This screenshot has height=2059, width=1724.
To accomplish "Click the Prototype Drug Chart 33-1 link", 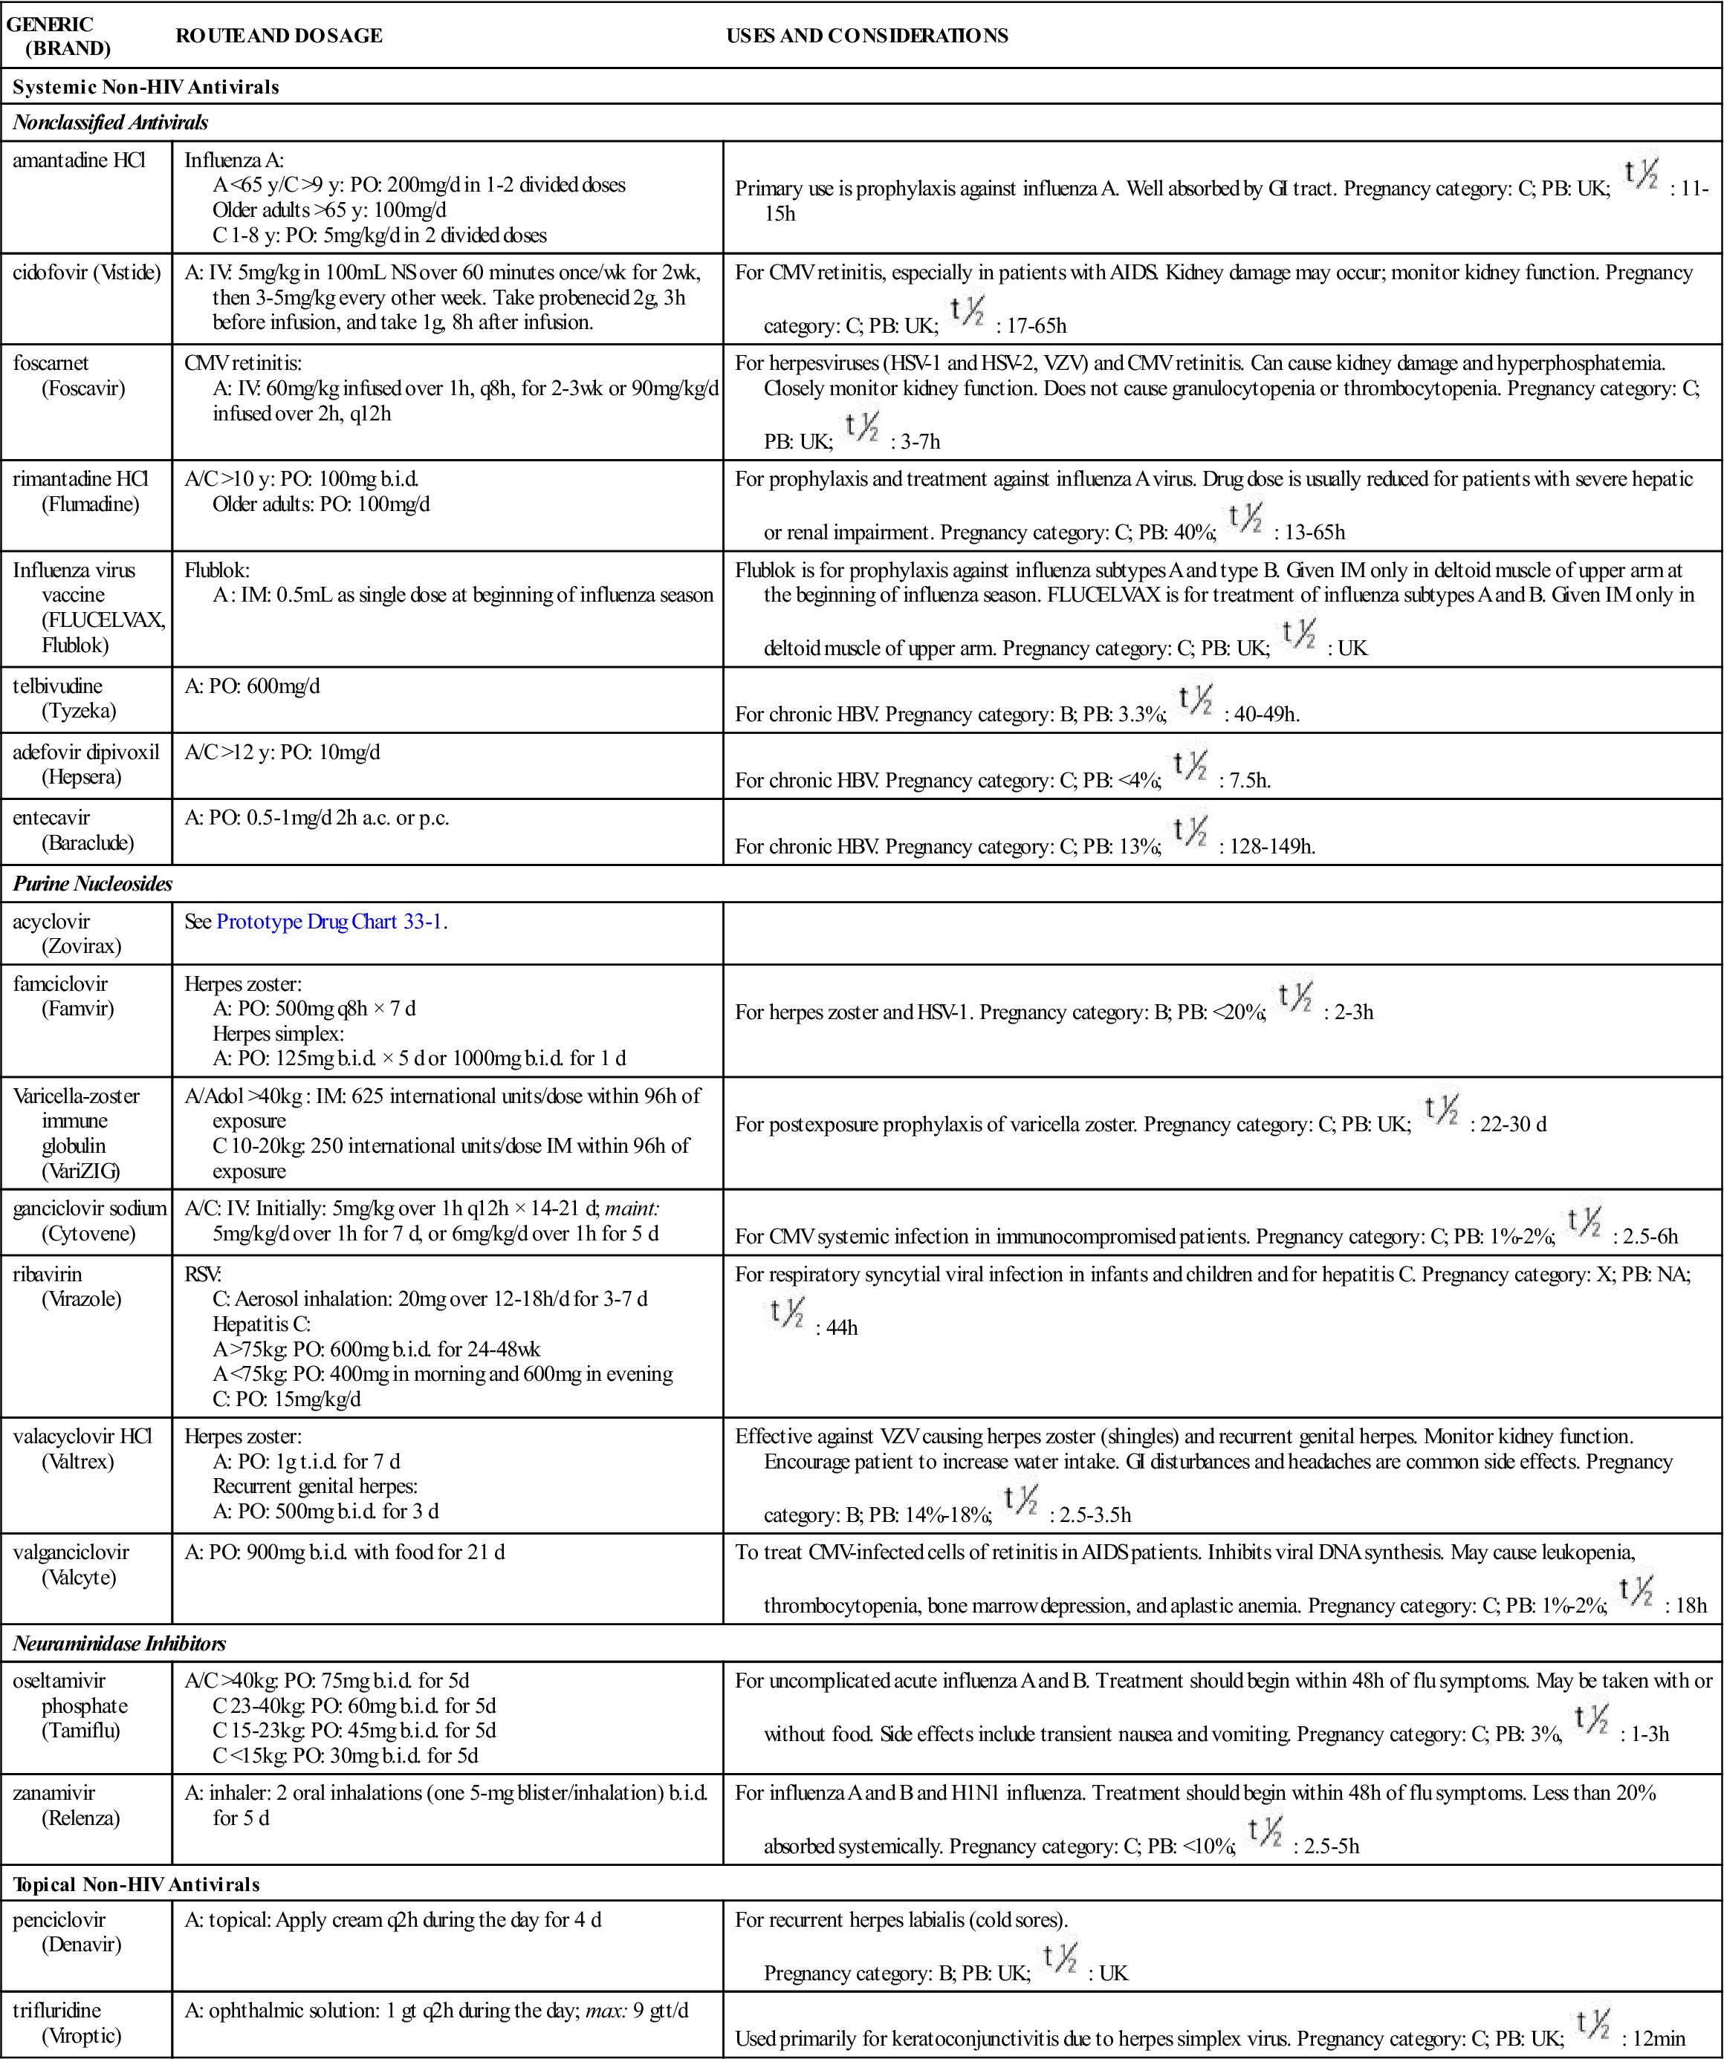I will pos(328,922).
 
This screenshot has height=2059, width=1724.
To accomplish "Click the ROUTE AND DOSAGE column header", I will pos(279,36).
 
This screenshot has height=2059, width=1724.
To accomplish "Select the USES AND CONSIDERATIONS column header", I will pos(867,36).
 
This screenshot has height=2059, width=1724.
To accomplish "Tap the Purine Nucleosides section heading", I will pos(92,883).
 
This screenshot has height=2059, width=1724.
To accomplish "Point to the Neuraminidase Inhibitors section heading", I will pos(119,1643).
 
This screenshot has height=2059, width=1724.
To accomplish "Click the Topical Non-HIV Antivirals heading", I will pos(136,1884).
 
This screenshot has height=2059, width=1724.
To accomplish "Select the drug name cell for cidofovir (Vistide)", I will pos(86,273).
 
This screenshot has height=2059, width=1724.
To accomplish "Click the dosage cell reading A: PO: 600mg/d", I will pos(252,686).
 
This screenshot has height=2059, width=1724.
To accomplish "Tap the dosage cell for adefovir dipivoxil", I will pos(282,752).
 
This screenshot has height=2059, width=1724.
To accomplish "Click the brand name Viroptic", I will pos(82,2035).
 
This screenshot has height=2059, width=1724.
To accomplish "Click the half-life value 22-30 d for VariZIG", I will pos(1512,1125).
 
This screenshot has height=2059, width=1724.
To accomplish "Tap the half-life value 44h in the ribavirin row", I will pos(841,1327).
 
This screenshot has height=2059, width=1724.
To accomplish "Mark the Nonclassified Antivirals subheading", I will pos(110,123).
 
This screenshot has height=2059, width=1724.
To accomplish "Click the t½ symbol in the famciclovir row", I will pos(1294,998).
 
